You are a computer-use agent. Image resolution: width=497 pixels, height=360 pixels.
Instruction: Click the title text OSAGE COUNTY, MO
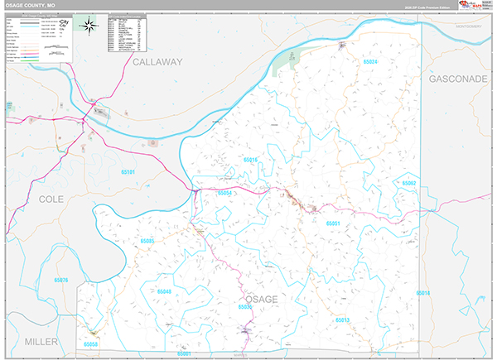tap(34, 5)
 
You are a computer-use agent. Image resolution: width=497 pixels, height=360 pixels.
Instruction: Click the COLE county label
tap(51, 200)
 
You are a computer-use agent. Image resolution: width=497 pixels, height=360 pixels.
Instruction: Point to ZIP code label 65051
tap(334, 223)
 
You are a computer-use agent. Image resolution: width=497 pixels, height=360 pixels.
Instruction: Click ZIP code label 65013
tap(343, 319)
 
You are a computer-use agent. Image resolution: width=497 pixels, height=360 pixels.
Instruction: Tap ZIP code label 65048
tap(163, 292)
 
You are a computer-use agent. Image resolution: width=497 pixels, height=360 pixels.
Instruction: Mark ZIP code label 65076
tap(60, 281)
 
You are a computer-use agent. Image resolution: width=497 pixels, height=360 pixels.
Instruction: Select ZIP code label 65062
tap(408, 182)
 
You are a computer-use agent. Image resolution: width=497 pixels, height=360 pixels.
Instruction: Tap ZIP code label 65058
tap(90, 343)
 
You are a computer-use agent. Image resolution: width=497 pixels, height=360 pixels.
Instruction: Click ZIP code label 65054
tap(224, 193)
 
